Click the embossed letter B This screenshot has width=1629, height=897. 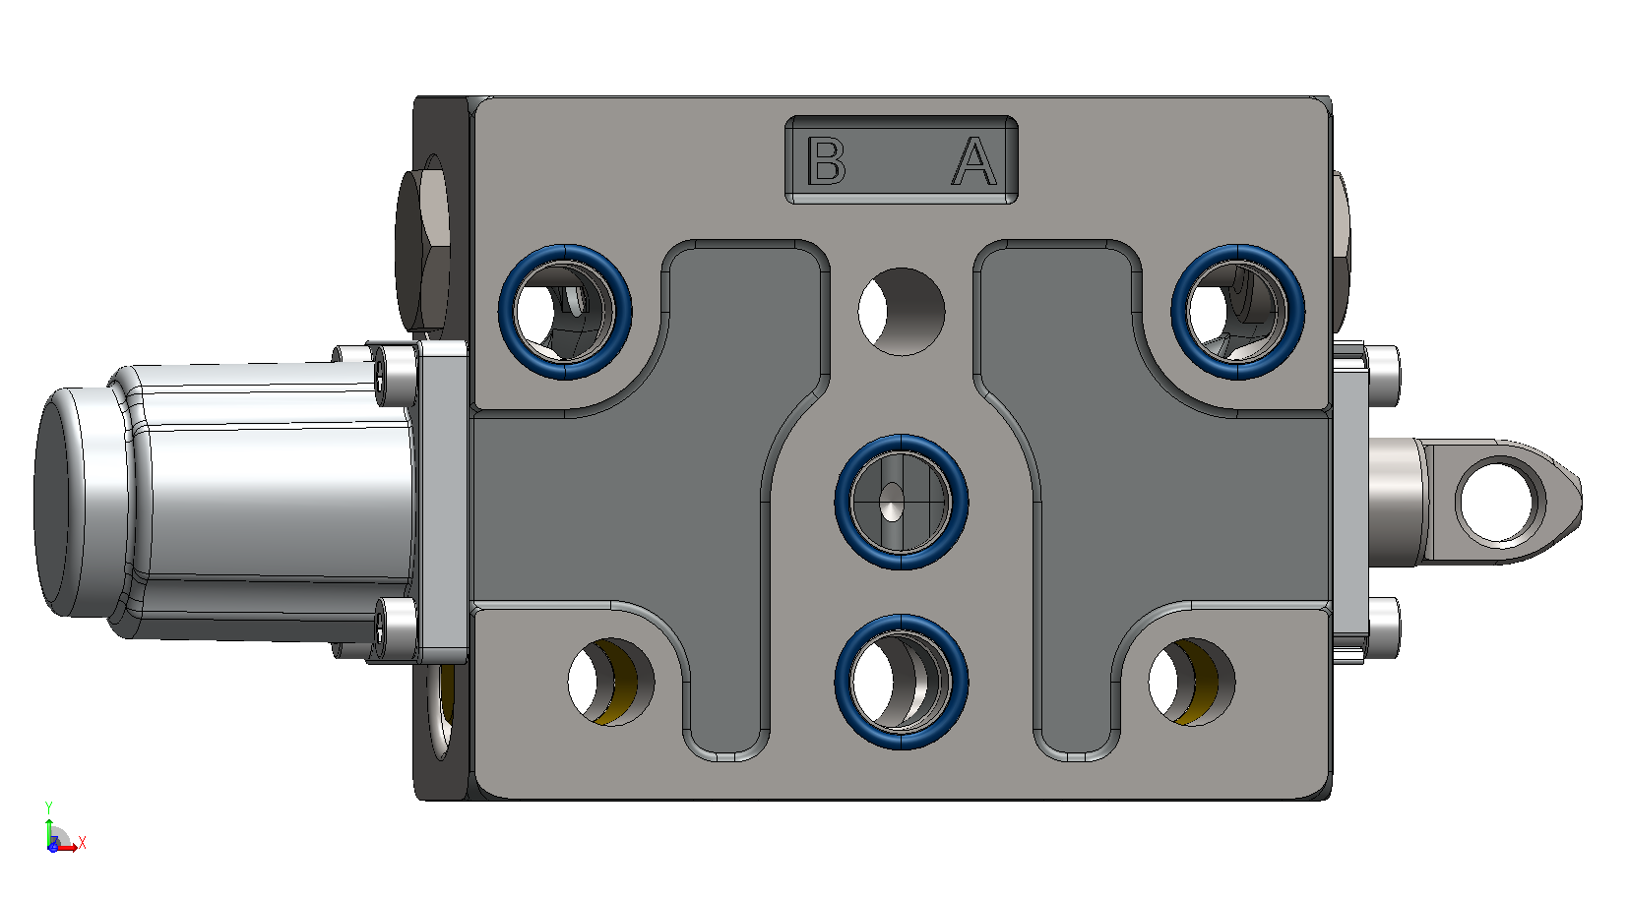pyautogui.click(x=826, y=160)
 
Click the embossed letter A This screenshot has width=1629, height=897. pyautogui.click(x=974, y=160)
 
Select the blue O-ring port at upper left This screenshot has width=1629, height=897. pyautogui.click(x=565, y=312)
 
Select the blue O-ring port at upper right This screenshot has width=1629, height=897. pyautogui.click(x=1238, y=312)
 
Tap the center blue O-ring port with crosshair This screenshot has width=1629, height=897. pyautogui.click(x=901, y=502)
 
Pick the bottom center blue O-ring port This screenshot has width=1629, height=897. pyautogui.click(x=901, y=682)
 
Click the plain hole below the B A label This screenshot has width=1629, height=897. pyautogui.click(x=902, y=311)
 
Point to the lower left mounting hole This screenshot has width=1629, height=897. pyautogui.click(x=611, y=682)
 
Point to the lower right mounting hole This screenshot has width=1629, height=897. pyautogui.click(x=1192, y=682)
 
